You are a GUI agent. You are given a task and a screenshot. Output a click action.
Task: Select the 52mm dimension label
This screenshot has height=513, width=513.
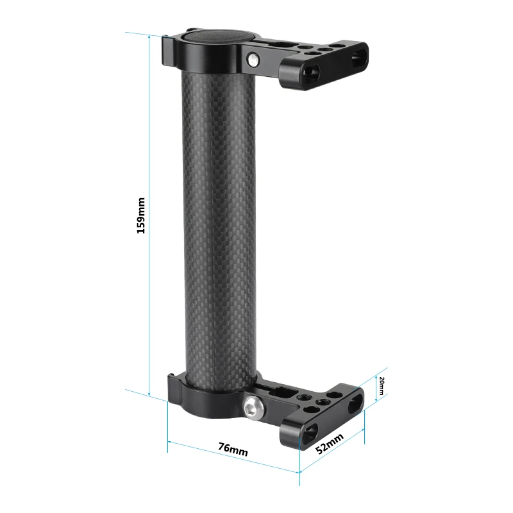[330, 443]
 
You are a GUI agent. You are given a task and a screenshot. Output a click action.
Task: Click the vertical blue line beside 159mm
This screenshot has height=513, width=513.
[149, 215]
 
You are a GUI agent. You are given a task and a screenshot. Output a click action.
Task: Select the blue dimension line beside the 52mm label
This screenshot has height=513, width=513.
[333, 452]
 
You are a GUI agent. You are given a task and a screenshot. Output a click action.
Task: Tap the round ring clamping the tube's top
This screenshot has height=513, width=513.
[212, 58]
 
